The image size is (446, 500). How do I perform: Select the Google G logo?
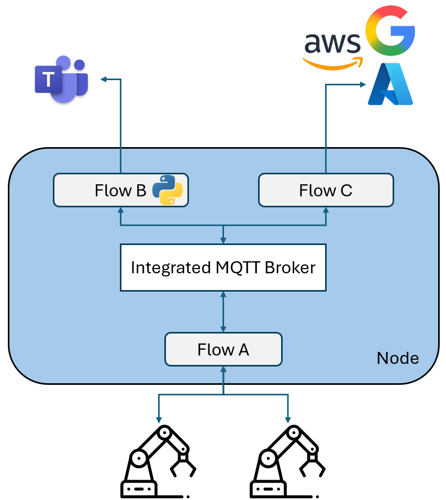[390, 32]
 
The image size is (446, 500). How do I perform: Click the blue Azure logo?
[391, 85]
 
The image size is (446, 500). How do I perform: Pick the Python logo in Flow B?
[168, 190]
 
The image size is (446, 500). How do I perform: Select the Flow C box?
[326, 190]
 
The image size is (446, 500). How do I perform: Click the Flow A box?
[224, 349]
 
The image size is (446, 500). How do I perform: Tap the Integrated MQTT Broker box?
[224, 268]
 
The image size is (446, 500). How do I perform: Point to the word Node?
[398, 358]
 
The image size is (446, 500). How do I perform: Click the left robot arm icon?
[158, 461]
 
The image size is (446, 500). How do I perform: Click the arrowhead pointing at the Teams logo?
[104, 79]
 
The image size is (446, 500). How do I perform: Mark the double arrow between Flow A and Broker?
[224, 312]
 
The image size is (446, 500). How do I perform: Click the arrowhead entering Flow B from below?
[120, 210]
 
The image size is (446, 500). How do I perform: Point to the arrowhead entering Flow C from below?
[326, 210]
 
